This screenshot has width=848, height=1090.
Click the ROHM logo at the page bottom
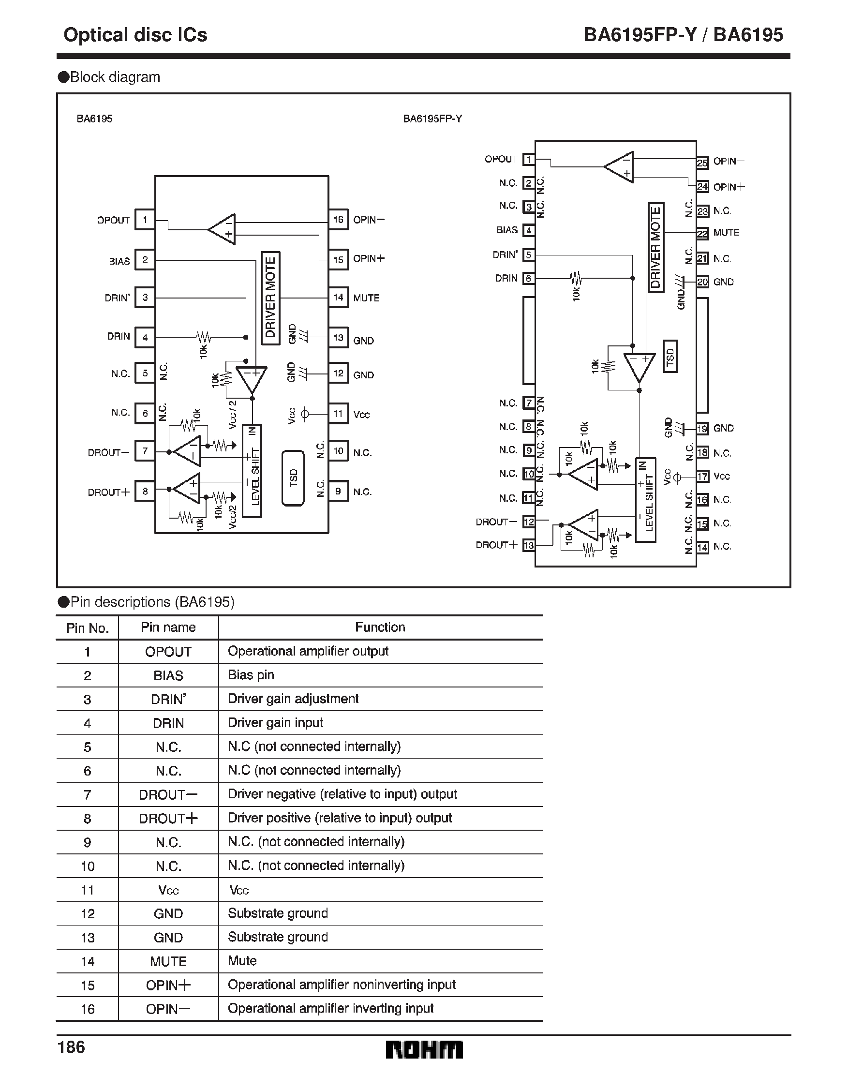click(x=424, y=1050)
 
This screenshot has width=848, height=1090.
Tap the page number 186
click(x=72, y=1047)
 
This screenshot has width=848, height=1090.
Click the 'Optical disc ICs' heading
click(x=135, y=34)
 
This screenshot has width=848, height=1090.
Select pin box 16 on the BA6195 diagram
click(x=339, y=220)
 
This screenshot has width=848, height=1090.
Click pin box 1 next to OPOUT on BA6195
click(x=145, y=220)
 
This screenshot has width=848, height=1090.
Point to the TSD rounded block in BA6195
click(x=293, y=478)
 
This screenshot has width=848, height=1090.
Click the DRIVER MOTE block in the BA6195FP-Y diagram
click(x=655, y=248)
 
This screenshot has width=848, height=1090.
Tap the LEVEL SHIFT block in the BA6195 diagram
click(x=252, y=471)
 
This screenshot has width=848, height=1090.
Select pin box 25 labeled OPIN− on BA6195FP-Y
click(x=702, y=163)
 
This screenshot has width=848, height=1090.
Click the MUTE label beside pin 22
click(x=726, y=233)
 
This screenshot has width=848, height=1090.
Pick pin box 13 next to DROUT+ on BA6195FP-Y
click(x=529, y=546)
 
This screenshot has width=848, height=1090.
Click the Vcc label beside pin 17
click(x=722, y=477)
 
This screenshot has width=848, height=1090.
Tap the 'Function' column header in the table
click(x=380, y=627)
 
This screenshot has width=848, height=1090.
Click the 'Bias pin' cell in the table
click(x=251, y=675)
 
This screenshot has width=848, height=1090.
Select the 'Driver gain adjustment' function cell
click(x=293, y=699)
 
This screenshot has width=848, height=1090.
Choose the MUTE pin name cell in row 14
click(x=168, y=961)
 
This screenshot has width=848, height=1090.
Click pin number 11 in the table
click(x=88, y=890)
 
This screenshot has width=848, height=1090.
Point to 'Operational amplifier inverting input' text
click(x=330, y=1009)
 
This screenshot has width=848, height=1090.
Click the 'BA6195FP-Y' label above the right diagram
click(x=432, y=119)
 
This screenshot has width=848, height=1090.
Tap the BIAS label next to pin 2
click(x=119, y=262)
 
